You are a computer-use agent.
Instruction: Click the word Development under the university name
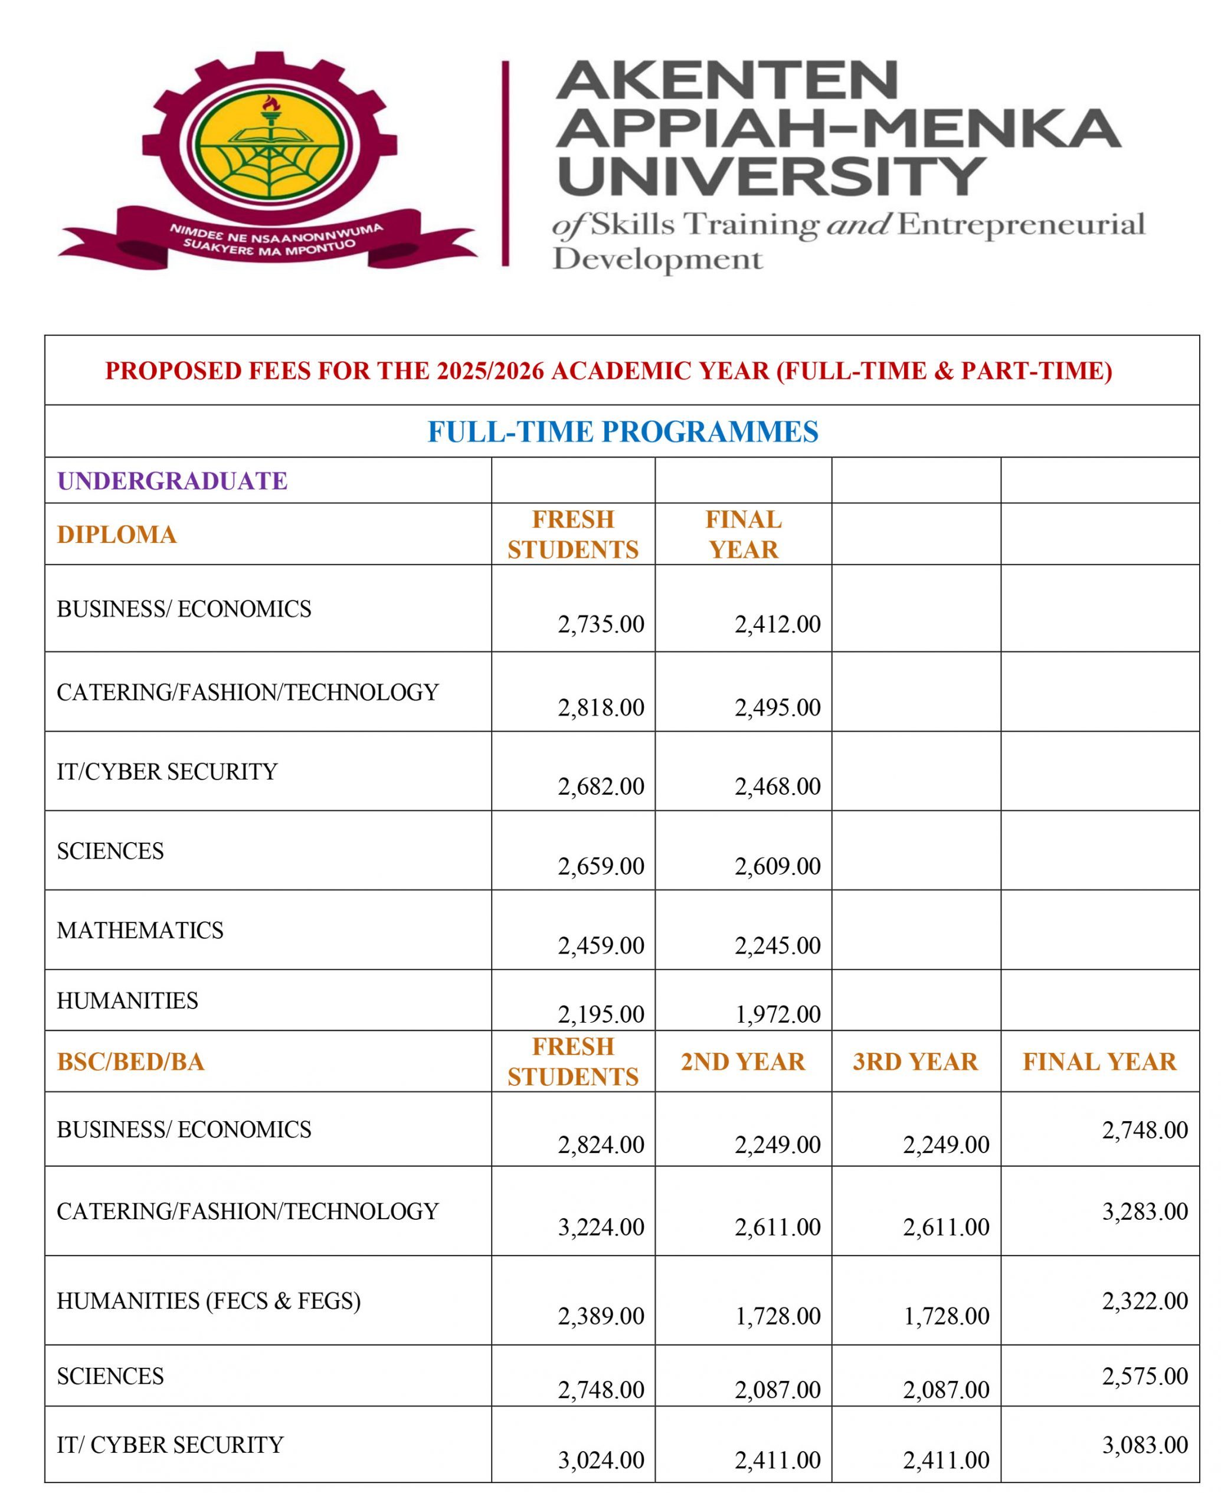[657, 260]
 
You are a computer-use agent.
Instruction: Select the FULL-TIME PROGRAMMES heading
[623, 431]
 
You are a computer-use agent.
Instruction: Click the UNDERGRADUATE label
[172, 481]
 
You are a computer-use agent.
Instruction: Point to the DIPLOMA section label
[117, 535]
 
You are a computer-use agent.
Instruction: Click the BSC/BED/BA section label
[131, 1062]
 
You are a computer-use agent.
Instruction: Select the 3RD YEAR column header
[915, 1062]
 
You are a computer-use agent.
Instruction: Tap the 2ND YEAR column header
[743, 1062]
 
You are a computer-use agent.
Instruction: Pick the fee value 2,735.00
[601, 624]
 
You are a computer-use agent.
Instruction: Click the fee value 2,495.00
[777, 707]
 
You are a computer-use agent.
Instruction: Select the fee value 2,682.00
[601, 785]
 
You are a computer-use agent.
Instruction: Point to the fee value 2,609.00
[777, 866]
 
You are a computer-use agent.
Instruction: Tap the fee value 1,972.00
[777, 1014]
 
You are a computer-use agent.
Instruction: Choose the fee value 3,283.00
[1144, 1211]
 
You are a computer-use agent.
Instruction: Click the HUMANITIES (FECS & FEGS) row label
[208, 1301]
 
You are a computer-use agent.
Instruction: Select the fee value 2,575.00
[1144, 1376]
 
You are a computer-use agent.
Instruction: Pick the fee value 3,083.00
[1144, 1445]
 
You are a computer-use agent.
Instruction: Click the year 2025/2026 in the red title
[490, 371]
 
